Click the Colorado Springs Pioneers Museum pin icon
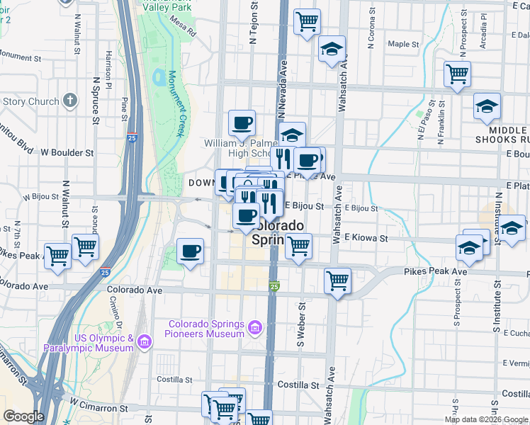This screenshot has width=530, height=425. [255, 328]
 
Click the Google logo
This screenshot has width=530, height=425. [23, 416]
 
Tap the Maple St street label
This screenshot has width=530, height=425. [404, 44]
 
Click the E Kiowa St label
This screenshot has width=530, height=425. [366, 239]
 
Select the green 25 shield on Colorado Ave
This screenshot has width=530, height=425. [275, 286]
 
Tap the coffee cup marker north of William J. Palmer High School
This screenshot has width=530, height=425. [242, 123]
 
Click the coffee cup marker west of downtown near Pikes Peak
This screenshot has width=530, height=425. [190, 251]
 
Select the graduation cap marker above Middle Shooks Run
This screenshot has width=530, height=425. [487, 106]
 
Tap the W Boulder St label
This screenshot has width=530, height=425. [67, 152]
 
